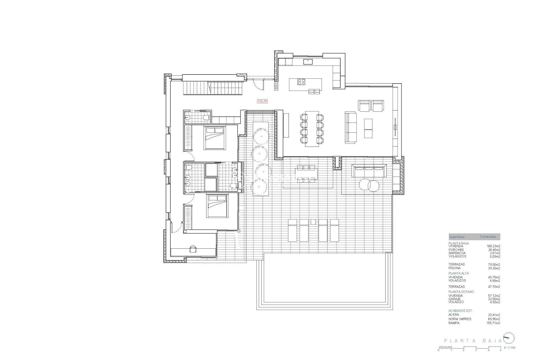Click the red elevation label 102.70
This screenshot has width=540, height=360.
tap(262, 101)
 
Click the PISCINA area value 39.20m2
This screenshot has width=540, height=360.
tap(494, 268)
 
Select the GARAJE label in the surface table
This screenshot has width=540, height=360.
tap(454, 299)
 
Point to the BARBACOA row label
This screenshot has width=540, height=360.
tap(457, 253)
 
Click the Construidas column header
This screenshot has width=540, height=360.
tap(488, 237)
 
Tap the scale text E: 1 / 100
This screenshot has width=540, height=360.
tap(510, 348)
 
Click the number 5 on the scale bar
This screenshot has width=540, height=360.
tap(500, 350)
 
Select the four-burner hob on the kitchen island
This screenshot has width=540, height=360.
tap(301, 82)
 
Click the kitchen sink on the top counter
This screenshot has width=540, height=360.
tap(308, 62)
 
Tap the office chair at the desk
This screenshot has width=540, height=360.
tap(193, 249)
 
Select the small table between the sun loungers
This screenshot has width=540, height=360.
tap(313, 222)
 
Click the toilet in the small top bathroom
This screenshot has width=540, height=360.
tap(207, 118)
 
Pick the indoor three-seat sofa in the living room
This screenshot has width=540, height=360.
tap(351, 127)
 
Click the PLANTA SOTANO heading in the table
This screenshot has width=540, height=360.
tap(461, 292)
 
